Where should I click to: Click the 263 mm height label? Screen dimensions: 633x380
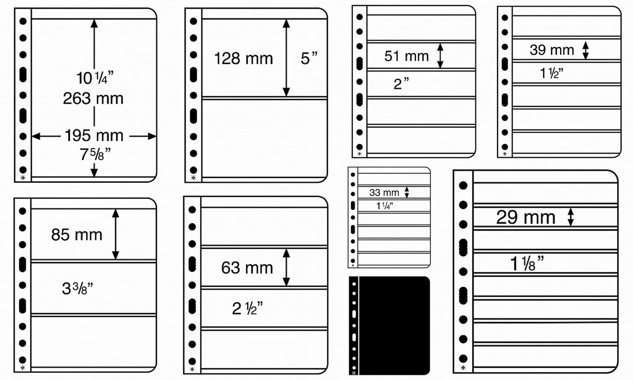pos(93,99)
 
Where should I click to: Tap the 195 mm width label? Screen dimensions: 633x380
pos(94,136)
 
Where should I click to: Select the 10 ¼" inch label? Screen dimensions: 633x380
pos(95,78)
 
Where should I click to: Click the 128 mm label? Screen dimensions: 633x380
pos(244,58)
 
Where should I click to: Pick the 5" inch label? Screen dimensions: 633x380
pos(309,58)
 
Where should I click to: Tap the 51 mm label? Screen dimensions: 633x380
pos(406,56)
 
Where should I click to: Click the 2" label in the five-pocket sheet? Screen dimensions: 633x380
pos(401,84)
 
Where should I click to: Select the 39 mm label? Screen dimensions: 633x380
pos(552,50)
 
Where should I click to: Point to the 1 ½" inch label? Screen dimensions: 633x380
pos(551,73)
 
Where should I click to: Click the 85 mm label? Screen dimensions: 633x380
pos(77,235)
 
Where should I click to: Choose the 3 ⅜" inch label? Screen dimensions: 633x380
pos(77,288)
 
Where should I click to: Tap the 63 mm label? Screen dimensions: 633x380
pos(247,268)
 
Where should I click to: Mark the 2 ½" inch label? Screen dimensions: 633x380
pos(247,308)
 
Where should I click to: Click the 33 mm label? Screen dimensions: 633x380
pos(384,192)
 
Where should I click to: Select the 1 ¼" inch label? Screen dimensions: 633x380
pos(384,206)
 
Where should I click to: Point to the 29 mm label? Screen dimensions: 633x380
pos(525,217)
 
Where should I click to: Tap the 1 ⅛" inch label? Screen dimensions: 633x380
pos(527,264)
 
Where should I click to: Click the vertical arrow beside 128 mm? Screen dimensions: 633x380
pos(286,58)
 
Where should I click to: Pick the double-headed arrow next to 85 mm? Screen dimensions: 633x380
pos(115,234)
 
